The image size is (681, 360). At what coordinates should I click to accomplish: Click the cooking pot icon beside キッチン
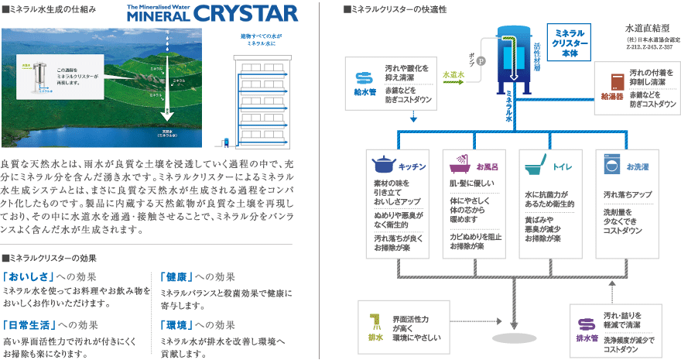(x=382, y=166)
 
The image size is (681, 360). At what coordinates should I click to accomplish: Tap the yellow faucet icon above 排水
(x=376, y=321)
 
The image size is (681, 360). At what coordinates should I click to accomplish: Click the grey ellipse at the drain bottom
(x=514, y=340)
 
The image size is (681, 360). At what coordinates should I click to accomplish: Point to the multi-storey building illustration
(x=259, y=97)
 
